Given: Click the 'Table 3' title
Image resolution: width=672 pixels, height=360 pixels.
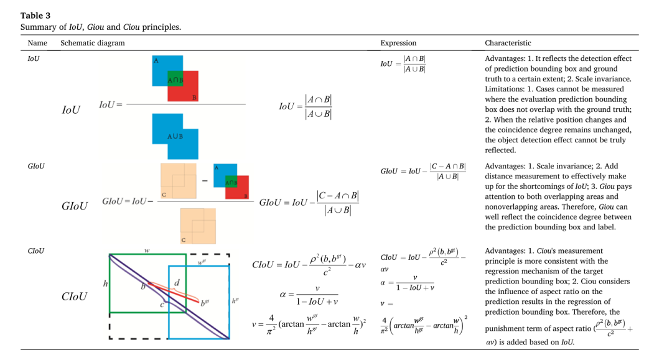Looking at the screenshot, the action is pyautogui.click(x=35, y=16).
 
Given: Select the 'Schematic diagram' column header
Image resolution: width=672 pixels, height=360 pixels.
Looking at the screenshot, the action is pyautogui.click(x=93, y=43).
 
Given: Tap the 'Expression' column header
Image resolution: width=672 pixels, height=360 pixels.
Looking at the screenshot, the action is pyautogui.click(x=398, y=43).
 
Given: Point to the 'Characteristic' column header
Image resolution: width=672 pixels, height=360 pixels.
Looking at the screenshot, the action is pyautogui.click(x=508, y=43).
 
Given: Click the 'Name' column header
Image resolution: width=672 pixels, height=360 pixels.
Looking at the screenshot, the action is pyautogui.click(x=37, y=43).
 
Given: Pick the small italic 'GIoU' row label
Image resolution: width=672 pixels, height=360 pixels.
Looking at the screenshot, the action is pyautogui.click(x=36, y=166).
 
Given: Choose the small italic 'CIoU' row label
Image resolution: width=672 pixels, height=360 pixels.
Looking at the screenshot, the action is pyautogui.click(x=36, y=251).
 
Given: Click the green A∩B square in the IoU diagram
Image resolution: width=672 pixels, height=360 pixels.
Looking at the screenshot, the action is pyautogui.click(x=175, y=79).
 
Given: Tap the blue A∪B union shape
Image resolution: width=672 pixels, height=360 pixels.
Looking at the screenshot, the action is pyautogui.click(x=175, y=136).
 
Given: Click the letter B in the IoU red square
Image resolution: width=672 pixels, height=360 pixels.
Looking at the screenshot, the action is pyautogui.click(x=194, y=98).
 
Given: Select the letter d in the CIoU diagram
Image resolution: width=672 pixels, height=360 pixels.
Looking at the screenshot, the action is pyautogui.click(x=177, y=282).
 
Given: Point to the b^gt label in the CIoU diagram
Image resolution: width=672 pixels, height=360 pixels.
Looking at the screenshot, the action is pyautogui.click(x=205, y=303).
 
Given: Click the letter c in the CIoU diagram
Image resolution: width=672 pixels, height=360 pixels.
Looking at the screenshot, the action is pyautogui.click(x=162, y=305).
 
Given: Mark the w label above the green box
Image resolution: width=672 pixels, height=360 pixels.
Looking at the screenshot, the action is pyautogui.click(x=147, y=251).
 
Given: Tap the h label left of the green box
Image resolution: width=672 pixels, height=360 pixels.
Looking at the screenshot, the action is pyautogui.click(x=105, y=284).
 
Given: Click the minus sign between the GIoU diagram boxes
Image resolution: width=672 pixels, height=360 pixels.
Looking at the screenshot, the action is pyautogui.click(x=205, y=181).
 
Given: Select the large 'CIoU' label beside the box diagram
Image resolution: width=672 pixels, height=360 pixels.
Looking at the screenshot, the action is pyautogui.click(x=74, y=296).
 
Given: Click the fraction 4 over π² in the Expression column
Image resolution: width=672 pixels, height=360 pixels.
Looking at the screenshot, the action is pyautogui.click(x=385, y=325).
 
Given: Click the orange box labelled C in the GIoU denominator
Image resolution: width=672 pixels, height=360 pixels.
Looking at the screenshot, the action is pyautogui.click(x=198, y=226).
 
